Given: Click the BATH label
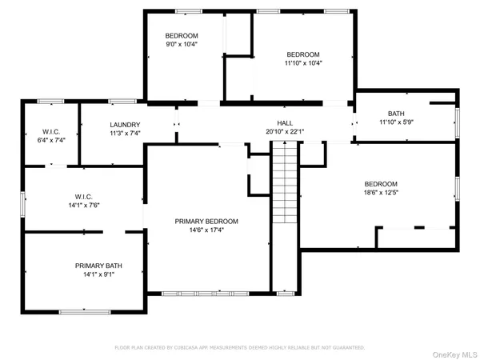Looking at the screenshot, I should coord(397,114).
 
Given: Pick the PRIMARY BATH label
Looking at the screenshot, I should coord(99,266).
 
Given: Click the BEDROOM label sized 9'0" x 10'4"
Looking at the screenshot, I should coord(182,36).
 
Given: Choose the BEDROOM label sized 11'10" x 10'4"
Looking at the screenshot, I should coord(303,54).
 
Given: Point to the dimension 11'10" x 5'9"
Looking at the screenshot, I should coord(397,122).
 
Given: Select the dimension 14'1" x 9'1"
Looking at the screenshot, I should coord(99,275).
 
